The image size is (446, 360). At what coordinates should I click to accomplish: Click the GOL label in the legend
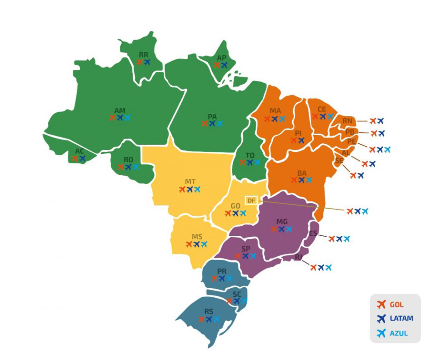tap(396, 305)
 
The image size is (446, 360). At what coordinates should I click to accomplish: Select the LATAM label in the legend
tap(401, 319)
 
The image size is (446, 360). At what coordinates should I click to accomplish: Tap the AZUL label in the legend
tap(399, 333)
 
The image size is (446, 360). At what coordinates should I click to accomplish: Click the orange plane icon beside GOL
tap(382, 305)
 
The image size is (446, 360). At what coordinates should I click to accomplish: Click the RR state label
tap(144, 55)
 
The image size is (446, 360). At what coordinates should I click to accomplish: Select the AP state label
tap(221, 58)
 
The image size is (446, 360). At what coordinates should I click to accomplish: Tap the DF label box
tap(251, 200)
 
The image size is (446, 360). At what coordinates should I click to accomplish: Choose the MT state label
tap(190, 181)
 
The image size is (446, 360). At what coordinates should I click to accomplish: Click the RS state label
tap(209, 312)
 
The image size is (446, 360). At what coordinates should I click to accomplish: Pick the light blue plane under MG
tap(289, 229)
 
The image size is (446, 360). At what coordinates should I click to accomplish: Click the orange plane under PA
tap(204, 124)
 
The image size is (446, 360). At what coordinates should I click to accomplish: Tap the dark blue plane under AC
tap(82, 159)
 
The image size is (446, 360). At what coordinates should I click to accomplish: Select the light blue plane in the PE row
tap(387, 149)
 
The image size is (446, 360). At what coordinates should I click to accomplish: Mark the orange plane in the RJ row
tap(313, 268)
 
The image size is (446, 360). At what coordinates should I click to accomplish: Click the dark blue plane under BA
tap(301, 180)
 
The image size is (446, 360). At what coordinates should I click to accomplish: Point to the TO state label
tap(250, 155)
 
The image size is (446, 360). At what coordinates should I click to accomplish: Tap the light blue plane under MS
tap(204, 245)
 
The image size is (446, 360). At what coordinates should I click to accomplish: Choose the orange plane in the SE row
tap(353, 176)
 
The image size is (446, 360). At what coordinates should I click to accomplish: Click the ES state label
tap(313, 233)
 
